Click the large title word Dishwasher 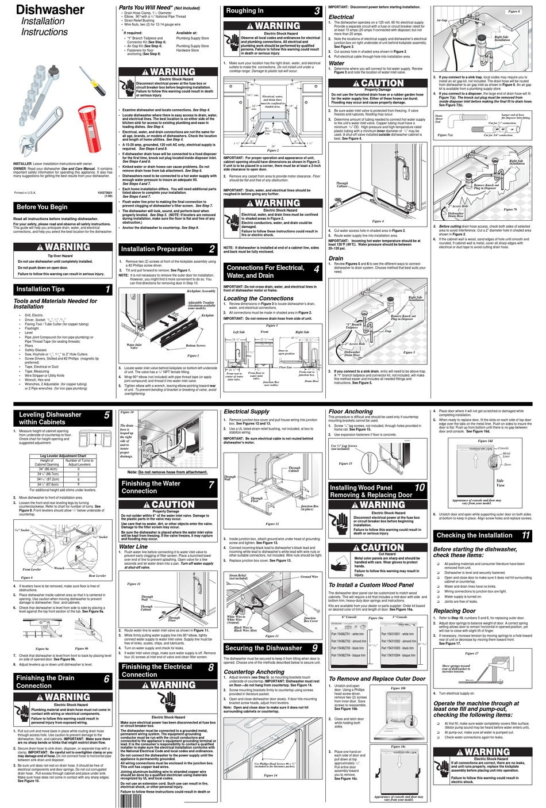point(50,10)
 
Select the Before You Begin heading point(42,207)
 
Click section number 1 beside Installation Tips point(107,289)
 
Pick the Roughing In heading point(245,10)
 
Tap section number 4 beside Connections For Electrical point(316,269)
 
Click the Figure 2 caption point(273,151)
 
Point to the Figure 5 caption point(409,353)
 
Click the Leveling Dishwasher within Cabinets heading point(50,418)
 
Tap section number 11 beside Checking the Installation point(525,535)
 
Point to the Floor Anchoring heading point(351,411)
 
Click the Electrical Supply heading point(246,411)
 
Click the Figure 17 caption point(471,653)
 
